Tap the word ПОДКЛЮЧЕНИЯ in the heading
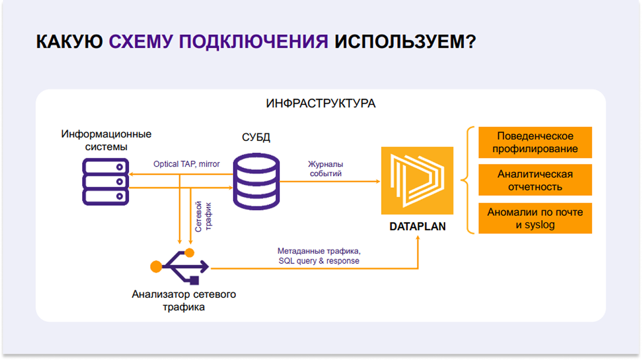pyautogui.click(x=253, y=42)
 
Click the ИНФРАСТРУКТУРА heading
pyautogui.click(x=321, y=104)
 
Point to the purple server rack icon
pyautogui.click(x=105, y=181)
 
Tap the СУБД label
pyautogui.click(x=256, y=138)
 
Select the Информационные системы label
pyautogui.click(x=106, y=141)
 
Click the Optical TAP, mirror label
pyautogui.click(x=186, y=164)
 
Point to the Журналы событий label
pyautogui.click(x=325, y=169)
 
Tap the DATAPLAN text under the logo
pyautogui.click(x=417, y=226)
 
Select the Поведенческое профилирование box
pyautogui.click(x=535, y=143)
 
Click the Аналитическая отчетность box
pyautogui.click(x=535, y=180)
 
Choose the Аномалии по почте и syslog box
pyautogui.click(x=535, y=218)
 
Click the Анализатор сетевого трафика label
pyautogui.click(x=184, y=300)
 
